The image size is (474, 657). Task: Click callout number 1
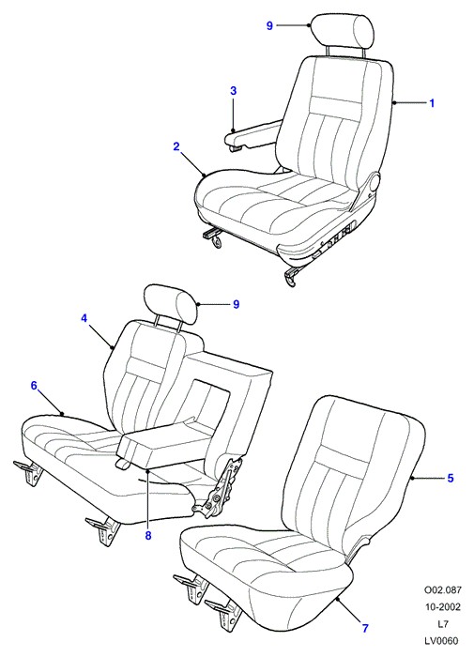(x=432, y=103)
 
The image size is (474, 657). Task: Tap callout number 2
(x=176, y=146)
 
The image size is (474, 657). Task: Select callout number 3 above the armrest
(x=234, y=90)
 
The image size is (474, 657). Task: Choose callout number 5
(x=451, y=478)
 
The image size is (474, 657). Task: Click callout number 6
(x=34, y=386)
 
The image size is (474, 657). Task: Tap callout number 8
(x=148, y=536)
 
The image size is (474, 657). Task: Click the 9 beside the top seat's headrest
(x=269, y=26)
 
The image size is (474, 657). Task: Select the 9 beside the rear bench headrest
(x=236, y=304)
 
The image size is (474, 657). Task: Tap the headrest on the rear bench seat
(x=170, y=304)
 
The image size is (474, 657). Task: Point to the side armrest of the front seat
(x=253, y=135)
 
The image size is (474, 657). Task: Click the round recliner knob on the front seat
(x=374, y=184)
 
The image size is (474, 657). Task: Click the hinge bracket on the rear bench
(x=219, y=486)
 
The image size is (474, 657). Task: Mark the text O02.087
(x=443, y=590)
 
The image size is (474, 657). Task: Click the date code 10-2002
(x=443, y=606)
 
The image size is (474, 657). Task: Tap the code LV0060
(x=443, y=640)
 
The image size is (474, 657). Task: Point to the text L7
(x=443, y=624)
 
